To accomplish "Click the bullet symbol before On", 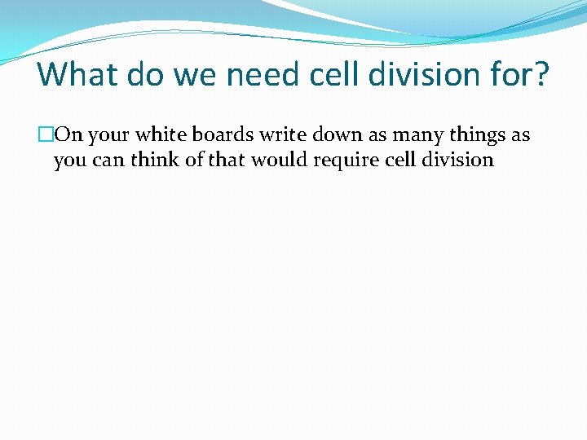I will [x=45, y=135].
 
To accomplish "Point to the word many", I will [x=418, y=135].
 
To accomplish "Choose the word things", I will [x=477, y=135].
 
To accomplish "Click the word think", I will [x=157, y=160].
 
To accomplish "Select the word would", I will [x=276, y=160].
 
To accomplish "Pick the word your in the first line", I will [x=108, y=135].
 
